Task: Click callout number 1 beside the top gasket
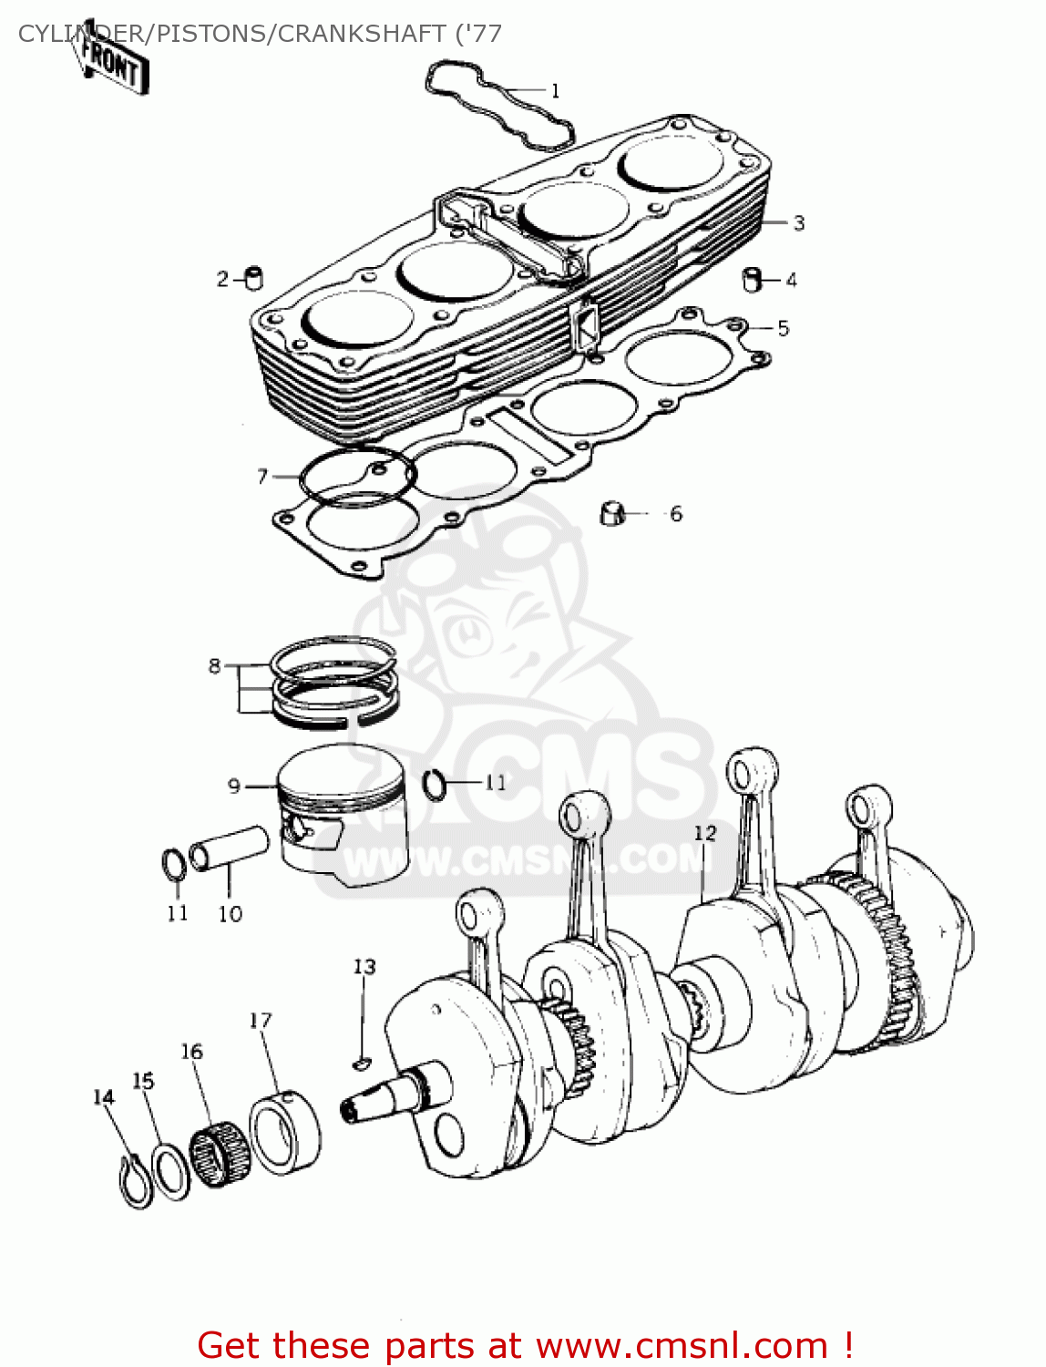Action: point(555,90)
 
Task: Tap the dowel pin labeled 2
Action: point(254,278)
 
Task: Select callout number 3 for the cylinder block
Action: point(798,223)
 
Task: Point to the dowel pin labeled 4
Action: point(753,279)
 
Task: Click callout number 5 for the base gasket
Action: point(783,329)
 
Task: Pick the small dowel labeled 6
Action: point(612,513)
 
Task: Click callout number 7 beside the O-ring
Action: point(262,476)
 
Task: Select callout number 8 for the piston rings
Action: point(214,666)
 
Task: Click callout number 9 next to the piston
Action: point(234,786)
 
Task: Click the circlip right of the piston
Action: point(436,784)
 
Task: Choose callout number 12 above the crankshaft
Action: point(704,833)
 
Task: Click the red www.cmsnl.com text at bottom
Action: point(682,1345)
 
